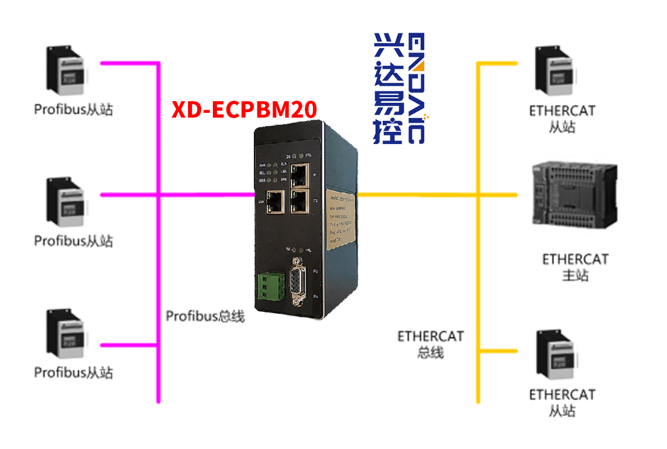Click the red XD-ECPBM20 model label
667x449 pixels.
coord(244,109)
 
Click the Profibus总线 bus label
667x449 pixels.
coord(205,316)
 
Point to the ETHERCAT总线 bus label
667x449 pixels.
coord(430,343)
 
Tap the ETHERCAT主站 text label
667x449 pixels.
coord(575,267)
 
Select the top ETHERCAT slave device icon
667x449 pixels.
coord(554,70)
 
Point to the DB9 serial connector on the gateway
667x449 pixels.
coord(299,284)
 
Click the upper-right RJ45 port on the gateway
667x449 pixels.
coord(300,172)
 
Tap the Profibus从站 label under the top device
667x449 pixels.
coord(73,109)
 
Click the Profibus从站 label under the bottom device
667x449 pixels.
coord(73,372)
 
